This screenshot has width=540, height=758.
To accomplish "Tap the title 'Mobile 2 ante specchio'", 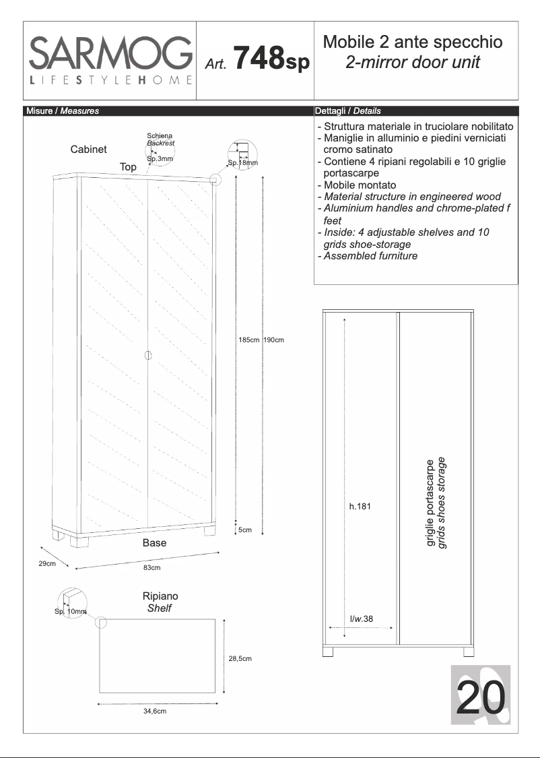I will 413,42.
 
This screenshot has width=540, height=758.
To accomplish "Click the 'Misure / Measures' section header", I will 62,111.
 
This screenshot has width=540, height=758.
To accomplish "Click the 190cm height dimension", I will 274,340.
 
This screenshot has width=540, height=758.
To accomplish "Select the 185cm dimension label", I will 248,340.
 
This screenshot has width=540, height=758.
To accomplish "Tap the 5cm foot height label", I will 246,530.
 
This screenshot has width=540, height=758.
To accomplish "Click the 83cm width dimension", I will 152,568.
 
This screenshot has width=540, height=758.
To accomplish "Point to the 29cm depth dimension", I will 46,563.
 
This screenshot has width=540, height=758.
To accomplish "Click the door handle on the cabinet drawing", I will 148,355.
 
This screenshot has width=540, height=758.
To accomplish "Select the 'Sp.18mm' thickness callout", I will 242,162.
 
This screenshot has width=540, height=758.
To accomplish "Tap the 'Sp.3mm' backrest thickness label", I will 160,159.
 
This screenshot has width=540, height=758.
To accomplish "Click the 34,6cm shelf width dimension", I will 155,712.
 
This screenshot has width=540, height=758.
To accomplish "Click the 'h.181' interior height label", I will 360,507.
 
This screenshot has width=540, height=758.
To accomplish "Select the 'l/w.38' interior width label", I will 362,619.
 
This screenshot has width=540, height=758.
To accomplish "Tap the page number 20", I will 481,697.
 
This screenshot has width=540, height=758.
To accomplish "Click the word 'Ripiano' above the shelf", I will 160,596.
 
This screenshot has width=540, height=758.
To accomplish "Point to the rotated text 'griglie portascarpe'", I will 431,503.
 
